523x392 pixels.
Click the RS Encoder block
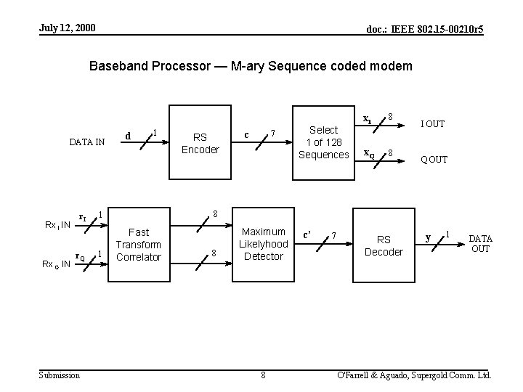(x=200, y=143)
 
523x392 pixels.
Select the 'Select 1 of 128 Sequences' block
(x=324, y=142)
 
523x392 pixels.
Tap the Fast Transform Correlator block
(x=138, y=245)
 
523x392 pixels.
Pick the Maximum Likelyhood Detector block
(x=264, y=245)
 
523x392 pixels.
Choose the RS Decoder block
(x=384, y=245)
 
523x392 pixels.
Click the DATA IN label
(x=86, y=143)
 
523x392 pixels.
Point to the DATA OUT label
(x=480, y=244)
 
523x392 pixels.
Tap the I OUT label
(x=434, y=124)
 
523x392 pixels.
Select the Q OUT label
(x=434, y=160)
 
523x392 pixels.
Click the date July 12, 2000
(x=68, y=28)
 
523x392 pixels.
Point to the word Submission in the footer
(x=60, y=375)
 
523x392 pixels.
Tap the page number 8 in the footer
(x=263, y=375)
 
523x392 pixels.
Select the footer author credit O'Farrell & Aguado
(x=410, y=375)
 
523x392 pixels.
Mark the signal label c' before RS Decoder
(x=307, y=234)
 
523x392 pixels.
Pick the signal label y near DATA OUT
(x=429, y=237)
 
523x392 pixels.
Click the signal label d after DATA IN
(x=129, y=134)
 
